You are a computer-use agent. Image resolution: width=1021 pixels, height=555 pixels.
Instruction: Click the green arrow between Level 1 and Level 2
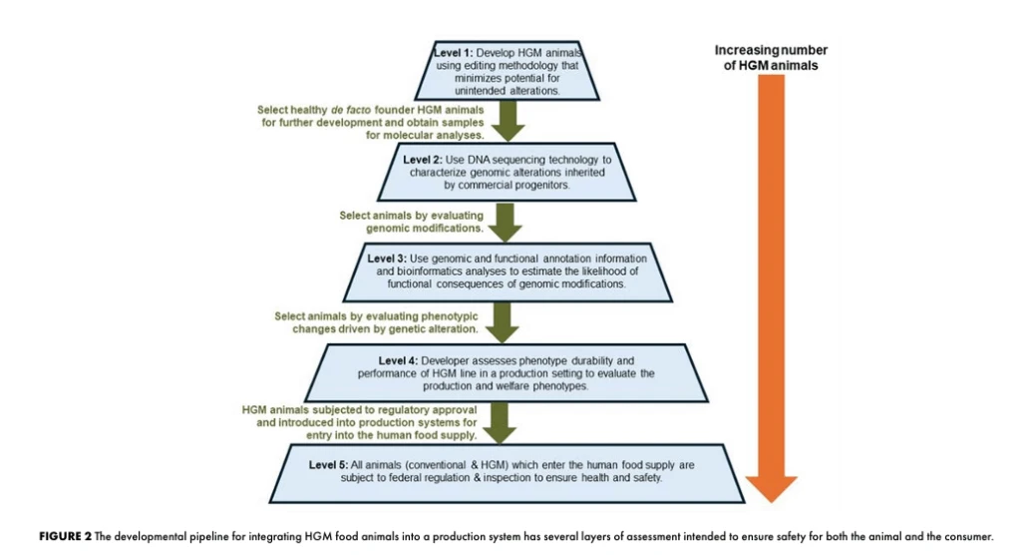tap(510, 121)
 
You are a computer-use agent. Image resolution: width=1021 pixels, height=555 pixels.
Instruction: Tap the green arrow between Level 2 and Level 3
tap(510, 221)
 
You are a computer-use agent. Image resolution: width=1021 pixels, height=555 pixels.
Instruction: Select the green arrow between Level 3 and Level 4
tap(510, 322)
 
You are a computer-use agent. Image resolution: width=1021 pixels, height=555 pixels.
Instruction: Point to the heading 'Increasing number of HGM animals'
tap(772, 58)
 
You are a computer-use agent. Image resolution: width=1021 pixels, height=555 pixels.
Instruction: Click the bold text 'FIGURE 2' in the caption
tap(65, 536)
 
